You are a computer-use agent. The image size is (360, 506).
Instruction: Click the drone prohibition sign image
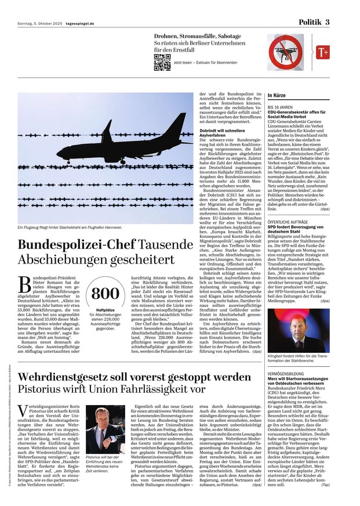coord(286,52)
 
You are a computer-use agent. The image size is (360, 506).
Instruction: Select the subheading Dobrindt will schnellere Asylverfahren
coord(225,132)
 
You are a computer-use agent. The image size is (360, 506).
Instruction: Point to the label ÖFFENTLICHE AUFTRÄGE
coord(288,205)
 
